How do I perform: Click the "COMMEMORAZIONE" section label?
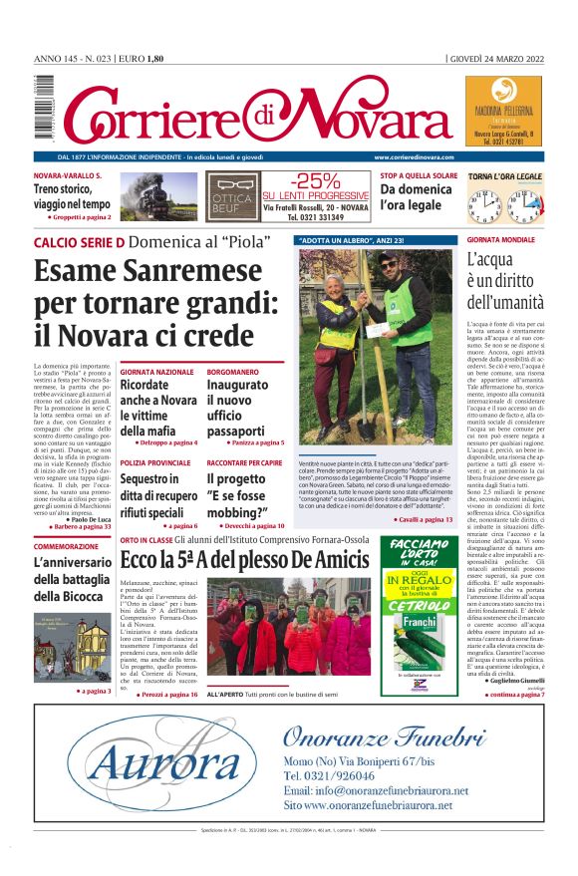(67, 547)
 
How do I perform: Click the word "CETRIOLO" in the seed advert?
(419, 606)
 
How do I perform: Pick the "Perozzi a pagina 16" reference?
(167, 694)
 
